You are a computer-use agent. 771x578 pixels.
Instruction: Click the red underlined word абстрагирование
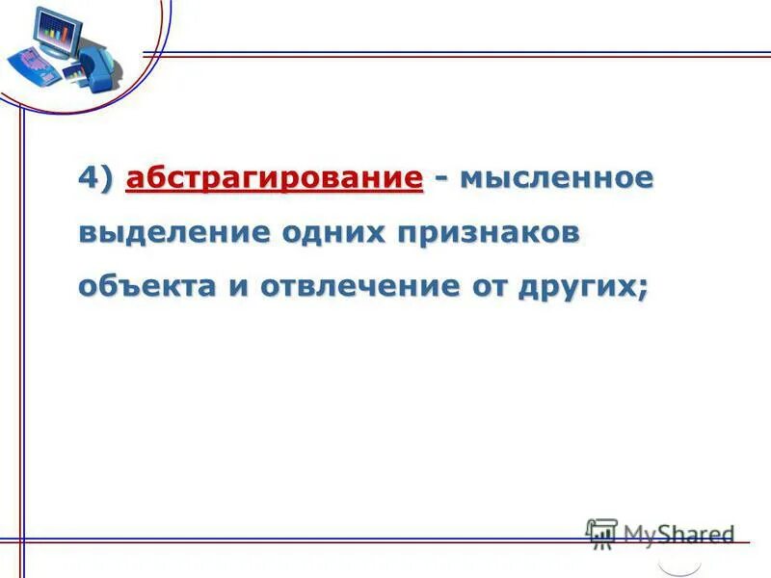pos(275,179)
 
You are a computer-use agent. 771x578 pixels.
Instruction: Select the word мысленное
pos(557,179)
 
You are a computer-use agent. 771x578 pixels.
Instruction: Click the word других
pos(579,287)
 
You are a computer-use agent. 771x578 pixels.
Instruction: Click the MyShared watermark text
pos(678,533)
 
